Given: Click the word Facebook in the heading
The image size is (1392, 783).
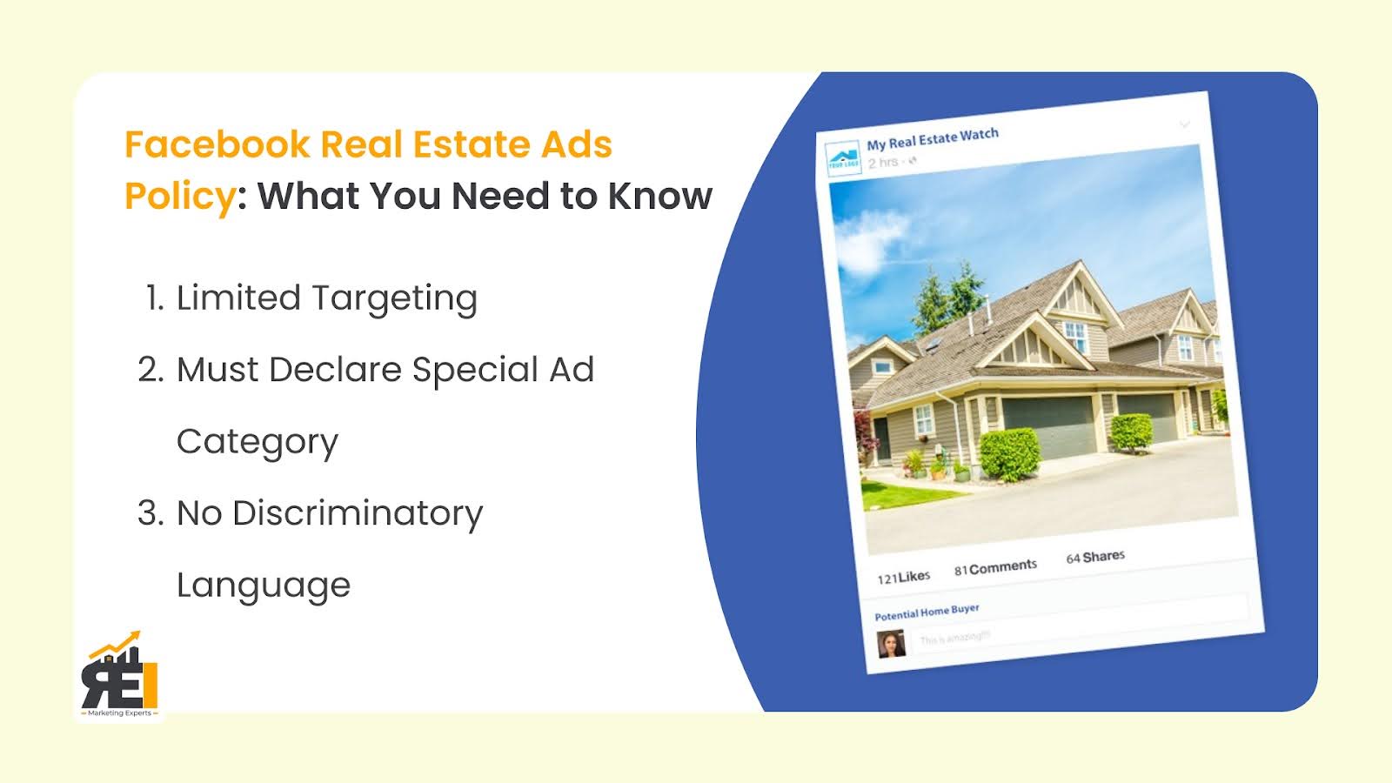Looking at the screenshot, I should click(x=217, y=144).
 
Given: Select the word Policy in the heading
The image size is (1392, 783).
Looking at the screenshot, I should click(x=179, y=197).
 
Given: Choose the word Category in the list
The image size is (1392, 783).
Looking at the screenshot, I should click(x=257, y=443).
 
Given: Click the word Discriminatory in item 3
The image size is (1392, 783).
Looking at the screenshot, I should click(x=357, y=513).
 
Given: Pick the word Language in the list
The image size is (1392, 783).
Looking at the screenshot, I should click(x=263, y=586).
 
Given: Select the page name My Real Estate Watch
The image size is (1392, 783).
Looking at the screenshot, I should click(x=932, y=139).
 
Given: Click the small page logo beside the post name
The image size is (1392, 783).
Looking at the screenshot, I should click(x=843, y=159).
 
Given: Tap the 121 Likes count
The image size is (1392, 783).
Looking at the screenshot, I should click(x=903, y=578).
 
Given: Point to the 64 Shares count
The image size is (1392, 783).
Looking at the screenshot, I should click(x=1095, y=557).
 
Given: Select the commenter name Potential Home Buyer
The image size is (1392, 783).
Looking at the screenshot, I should click(x=927, y=612).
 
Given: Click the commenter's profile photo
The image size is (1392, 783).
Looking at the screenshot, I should click(x=891, y=645).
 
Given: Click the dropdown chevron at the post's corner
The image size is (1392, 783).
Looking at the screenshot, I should click(x=1184, y=124).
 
